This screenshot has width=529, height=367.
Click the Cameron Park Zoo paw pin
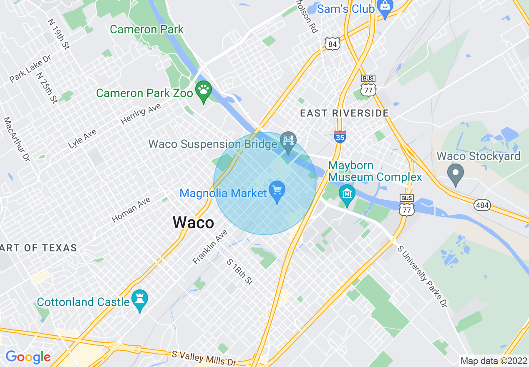pos(204,90)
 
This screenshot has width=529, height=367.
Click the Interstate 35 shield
pos(340,136)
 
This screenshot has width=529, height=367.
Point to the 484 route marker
pos(482,205)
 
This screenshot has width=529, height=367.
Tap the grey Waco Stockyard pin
pos(455,173)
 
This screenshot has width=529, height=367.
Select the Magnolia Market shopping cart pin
pos(277,191)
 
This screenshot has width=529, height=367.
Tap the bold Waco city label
pos(193,222)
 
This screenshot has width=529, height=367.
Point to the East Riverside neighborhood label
pos(344,113)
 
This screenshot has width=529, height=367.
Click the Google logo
pos(28,357)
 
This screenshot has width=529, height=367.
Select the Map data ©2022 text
pos(493,361)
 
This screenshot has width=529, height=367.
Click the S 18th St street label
pos(240,272)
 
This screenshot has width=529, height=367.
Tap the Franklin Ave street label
pos(210,247)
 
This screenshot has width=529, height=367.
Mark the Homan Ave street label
pos(131,209)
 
